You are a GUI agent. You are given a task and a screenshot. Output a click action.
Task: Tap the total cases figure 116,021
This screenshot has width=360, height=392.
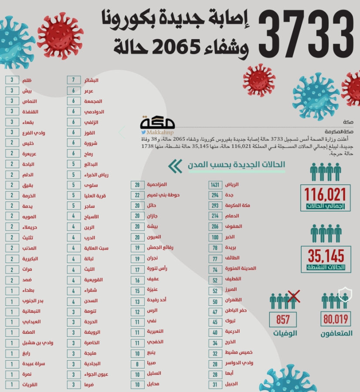[x=325, y=194]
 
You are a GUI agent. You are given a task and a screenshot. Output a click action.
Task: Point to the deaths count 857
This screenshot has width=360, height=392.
[x=283, y=320]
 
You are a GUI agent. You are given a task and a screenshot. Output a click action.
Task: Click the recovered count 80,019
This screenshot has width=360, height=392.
[x=336, y=320]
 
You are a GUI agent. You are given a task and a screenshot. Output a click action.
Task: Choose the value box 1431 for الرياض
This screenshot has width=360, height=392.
[x=215, y=185]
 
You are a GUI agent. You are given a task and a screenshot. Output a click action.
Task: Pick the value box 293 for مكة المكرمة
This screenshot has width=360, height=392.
[x=215, y=206]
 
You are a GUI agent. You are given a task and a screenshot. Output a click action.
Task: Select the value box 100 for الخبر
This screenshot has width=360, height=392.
[x=215, y=237]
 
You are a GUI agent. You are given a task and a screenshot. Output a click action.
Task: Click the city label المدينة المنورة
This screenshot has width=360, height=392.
[x=240, y=269]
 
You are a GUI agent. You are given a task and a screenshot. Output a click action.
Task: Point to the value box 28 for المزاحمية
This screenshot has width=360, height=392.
[x=137, y=185]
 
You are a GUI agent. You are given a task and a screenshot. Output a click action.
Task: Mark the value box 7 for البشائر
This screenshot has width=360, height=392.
[x=74, y=80]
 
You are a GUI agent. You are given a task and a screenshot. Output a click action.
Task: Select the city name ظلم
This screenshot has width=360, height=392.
[x=27, y=80]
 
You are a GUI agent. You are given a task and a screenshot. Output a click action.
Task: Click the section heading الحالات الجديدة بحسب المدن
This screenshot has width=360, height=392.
[x=237, y=165]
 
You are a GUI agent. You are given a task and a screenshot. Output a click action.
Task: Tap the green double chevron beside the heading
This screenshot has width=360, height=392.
[x=175, y=166]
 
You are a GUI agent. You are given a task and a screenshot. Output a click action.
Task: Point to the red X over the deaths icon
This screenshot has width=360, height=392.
[x=294, y=297]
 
